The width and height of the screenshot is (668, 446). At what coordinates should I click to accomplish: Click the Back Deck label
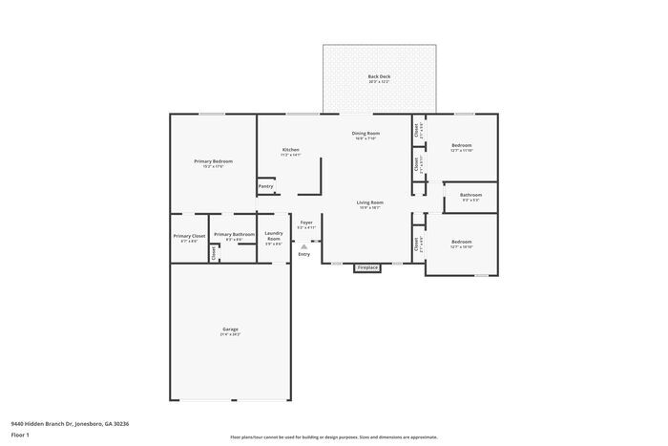(379, 76)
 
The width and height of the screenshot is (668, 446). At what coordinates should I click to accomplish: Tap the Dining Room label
(366, 133)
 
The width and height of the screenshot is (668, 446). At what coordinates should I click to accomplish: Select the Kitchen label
(291, 149)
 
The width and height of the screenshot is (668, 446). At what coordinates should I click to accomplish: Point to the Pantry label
(266, 186)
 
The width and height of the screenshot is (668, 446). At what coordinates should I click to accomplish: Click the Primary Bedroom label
(213, 160)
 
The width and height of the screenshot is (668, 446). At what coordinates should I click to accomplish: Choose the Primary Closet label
(189, 236)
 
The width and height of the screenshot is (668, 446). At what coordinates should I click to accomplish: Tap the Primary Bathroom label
(234, 234)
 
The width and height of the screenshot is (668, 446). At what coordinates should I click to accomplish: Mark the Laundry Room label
(274, 236)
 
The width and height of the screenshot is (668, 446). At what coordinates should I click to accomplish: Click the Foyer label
(306, 223)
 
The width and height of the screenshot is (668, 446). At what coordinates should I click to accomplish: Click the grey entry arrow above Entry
(304, 245)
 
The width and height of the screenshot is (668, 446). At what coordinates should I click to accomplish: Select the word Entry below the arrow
(304, 254)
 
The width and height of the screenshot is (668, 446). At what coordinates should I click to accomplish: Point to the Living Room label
(370, 202)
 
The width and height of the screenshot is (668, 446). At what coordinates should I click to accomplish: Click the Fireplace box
(367, 267)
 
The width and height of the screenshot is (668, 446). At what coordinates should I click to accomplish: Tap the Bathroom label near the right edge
(470, 195)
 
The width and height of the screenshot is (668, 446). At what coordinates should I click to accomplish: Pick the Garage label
(230, 329)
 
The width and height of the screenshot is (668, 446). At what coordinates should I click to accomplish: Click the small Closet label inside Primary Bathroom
(213, 252)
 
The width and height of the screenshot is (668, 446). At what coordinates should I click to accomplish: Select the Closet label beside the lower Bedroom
(417, 244)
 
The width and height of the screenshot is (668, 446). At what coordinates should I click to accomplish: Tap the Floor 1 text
(20, 435)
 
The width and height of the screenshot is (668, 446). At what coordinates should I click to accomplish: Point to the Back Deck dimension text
(379, 82)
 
